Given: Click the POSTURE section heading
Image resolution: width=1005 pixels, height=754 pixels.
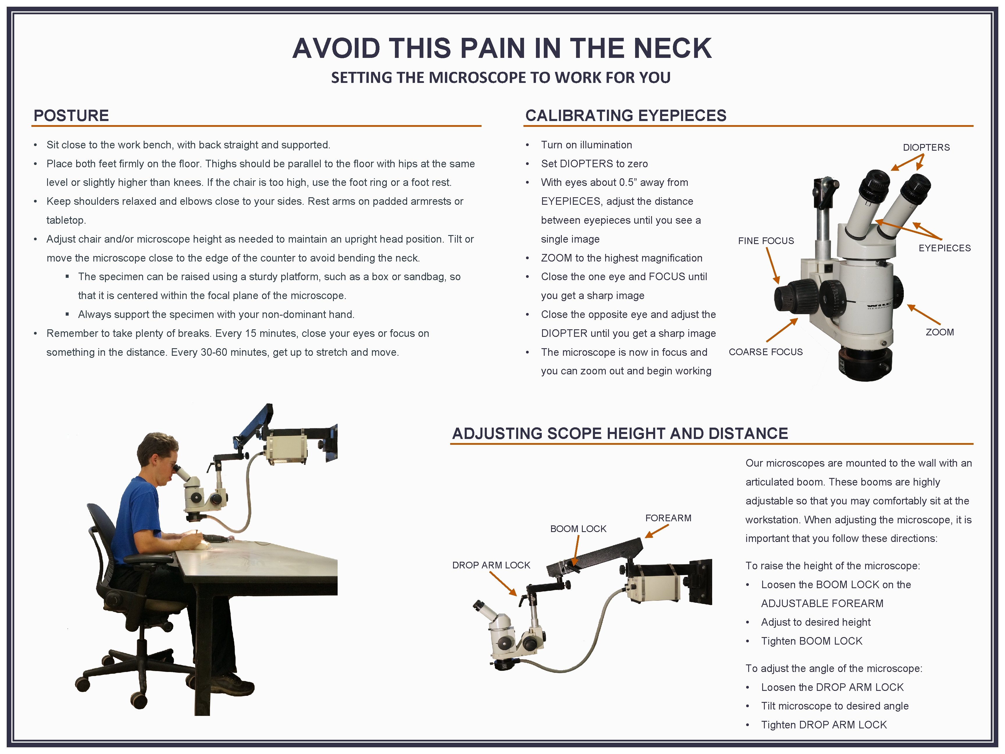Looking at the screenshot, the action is click(x=71, y=115).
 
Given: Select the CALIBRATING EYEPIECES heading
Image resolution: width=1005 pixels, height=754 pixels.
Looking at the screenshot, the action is click(x=626, y=115).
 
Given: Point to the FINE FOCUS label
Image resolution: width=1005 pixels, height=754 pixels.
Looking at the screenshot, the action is click(x=766, y=241).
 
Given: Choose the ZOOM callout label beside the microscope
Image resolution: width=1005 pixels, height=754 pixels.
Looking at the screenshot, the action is click(x=940, y=332).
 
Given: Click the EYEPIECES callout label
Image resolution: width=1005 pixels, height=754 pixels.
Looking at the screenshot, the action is click(x=945, y=248).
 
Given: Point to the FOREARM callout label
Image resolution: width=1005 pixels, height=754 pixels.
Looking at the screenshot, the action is click(x=668, y=518).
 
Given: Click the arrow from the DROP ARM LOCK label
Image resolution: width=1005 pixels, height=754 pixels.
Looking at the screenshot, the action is click(x=503, y=584).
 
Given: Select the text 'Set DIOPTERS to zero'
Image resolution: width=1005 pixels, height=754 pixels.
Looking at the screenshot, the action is click(x=594, y=163).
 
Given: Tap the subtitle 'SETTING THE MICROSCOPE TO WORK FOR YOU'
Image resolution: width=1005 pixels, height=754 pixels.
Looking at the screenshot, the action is click(x=501, y=78).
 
